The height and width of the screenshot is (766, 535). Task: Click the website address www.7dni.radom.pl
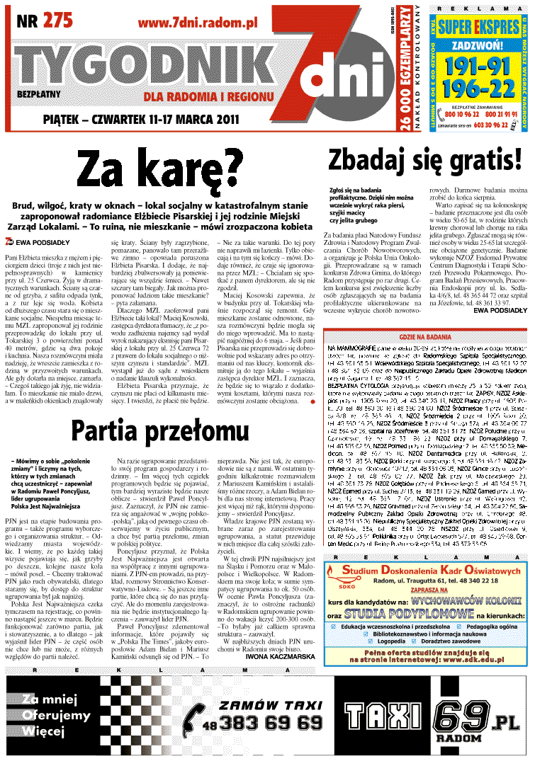tap(197, 23)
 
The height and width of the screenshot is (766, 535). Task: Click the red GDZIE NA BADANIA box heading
tap(424, 336)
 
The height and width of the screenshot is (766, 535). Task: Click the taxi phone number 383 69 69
tap(271, 723)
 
